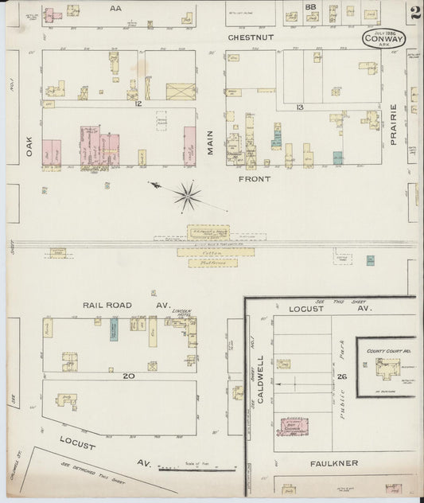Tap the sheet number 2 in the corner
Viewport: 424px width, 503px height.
[x=415, y=12]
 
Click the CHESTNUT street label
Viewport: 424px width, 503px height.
[x=251, y=37]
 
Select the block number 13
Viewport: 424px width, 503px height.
[x=299, y=107]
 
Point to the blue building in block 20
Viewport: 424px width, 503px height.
[x=114, y=330]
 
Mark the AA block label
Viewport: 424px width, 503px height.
[x=115, y=8]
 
